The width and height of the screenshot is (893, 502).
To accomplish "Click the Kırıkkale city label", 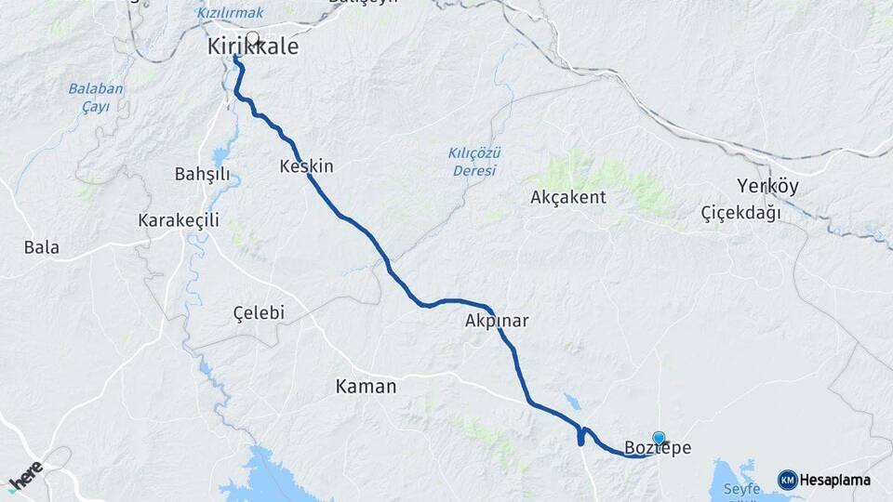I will coord(252,46).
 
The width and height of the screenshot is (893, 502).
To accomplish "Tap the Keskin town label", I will coord(305,166).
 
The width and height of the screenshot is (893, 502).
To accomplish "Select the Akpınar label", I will coord(497,322).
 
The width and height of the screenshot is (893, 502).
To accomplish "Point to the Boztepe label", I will coord(658,448).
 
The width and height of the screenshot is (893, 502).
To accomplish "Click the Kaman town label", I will coord(366,387).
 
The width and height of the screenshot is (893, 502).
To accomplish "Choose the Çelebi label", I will coord(258,312).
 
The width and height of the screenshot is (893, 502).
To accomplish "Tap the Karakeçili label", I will coord(178,220).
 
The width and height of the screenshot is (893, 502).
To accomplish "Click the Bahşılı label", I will coord(202,174).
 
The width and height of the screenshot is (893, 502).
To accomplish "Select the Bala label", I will coord(42,247).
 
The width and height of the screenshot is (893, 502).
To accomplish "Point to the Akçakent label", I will coord(567,197).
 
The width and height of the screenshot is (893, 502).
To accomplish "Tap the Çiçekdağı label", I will coord(740,213).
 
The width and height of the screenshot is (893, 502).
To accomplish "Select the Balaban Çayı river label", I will coord(95,98).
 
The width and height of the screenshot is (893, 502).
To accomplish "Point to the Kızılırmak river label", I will coord(231,13).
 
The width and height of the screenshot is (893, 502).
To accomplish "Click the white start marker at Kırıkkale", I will coord(252,38).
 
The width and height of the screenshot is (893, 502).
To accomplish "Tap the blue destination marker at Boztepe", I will coord(659,438).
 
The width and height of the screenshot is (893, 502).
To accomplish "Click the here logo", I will coord(25,475).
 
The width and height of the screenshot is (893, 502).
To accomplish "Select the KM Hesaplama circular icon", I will coord(787,480).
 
